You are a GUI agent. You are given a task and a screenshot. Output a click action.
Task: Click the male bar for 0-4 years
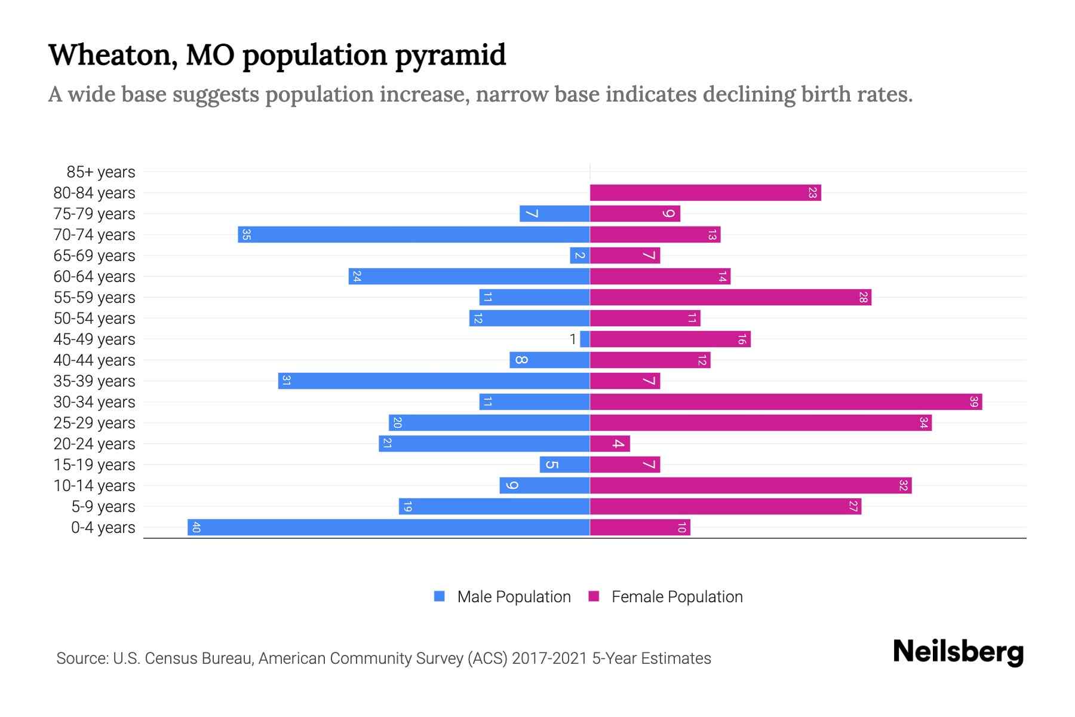pyautogui.click(x=388, y=527)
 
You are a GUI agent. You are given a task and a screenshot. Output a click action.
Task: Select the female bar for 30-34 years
pyautogui.click(x=785, y=402)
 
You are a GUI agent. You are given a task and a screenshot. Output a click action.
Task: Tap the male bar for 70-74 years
pyautogui.click(x=413, y=234)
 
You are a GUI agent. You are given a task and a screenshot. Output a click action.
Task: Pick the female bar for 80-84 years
pyautogui.click(x=705, y=192)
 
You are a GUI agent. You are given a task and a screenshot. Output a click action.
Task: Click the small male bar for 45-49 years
pyautogui.click(x=585, y=339)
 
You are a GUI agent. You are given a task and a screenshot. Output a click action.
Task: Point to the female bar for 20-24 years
pyautogui.click(x=610, y=443)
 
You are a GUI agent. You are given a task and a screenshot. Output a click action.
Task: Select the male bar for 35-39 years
pyautogui.click(x=434, y=381)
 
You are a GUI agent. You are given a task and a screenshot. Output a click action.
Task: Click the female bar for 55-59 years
pyautogui.click(x=730, y=297)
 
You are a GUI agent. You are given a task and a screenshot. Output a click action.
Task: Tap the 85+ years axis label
pyautogui.click(x=100, y=172)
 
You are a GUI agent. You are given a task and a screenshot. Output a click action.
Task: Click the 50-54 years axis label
pyautogui.click(x=94, y=318)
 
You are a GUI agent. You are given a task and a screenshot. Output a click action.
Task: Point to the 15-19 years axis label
pyautogui.click(x=94, y=465)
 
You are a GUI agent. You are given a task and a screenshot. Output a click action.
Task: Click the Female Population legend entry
pyautogui.click(x=677, y=596)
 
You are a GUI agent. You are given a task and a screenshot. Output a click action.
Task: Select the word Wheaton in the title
pyautogui.click(x=111, y=55)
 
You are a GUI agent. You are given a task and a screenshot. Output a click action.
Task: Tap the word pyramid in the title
pyautogui.click(x=450, y=55)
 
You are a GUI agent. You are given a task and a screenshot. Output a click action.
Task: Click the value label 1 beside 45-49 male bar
pyautogui.click(x=573, y=339)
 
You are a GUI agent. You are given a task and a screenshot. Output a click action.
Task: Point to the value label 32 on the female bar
pyautogui.click(x=903, y=485)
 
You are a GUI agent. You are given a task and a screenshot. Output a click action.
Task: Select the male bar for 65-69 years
pyautogui.click(x=579, y=255)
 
